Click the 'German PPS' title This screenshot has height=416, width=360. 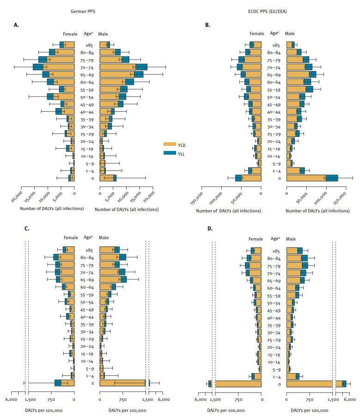point(87,10)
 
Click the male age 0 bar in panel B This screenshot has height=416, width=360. point(312,178)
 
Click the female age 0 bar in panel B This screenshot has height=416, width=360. point(249,178)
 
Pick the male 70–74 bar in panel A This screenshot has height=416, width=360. point(123,67)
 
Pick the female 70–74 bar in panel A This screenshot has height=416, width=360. point(54,67)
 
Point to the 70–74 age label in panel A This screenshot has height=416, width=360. point(87,67)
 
